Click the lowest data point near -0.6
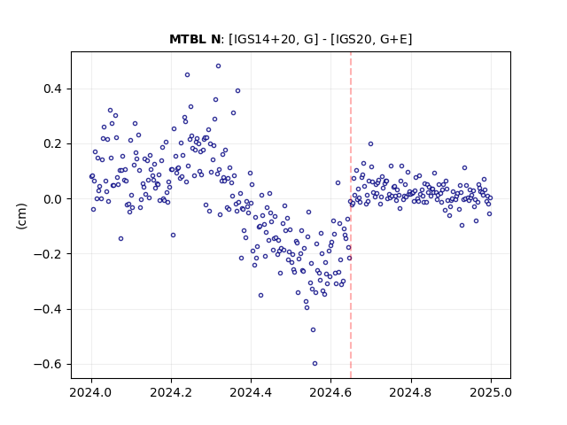coord(315,364)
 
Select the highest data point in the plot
coord(218,66)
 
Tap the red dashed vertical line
coord(351,215)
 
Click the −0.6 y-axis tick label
coord(48,364)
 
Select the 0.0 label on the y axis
coord(52,199)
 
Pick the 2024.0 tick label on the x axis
coord(91,392)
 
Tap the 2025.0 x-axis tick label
coord(491,392)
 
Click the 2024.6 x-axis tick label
coord(330,392)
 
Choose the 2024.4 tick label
coord(251,392)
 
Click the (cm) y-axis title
coord(21,216)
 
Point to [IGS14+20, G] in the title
coord(273,39)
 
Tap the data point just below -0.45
coord(313,329)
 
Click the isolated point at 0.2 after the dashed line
coord(370,143)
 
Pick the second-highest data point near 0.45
coord(187,74)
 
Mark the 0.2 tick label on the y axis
coord(52,143)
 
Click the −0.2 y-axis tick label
coord(48,254)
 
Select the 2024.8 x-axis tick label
coord(411,392)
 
